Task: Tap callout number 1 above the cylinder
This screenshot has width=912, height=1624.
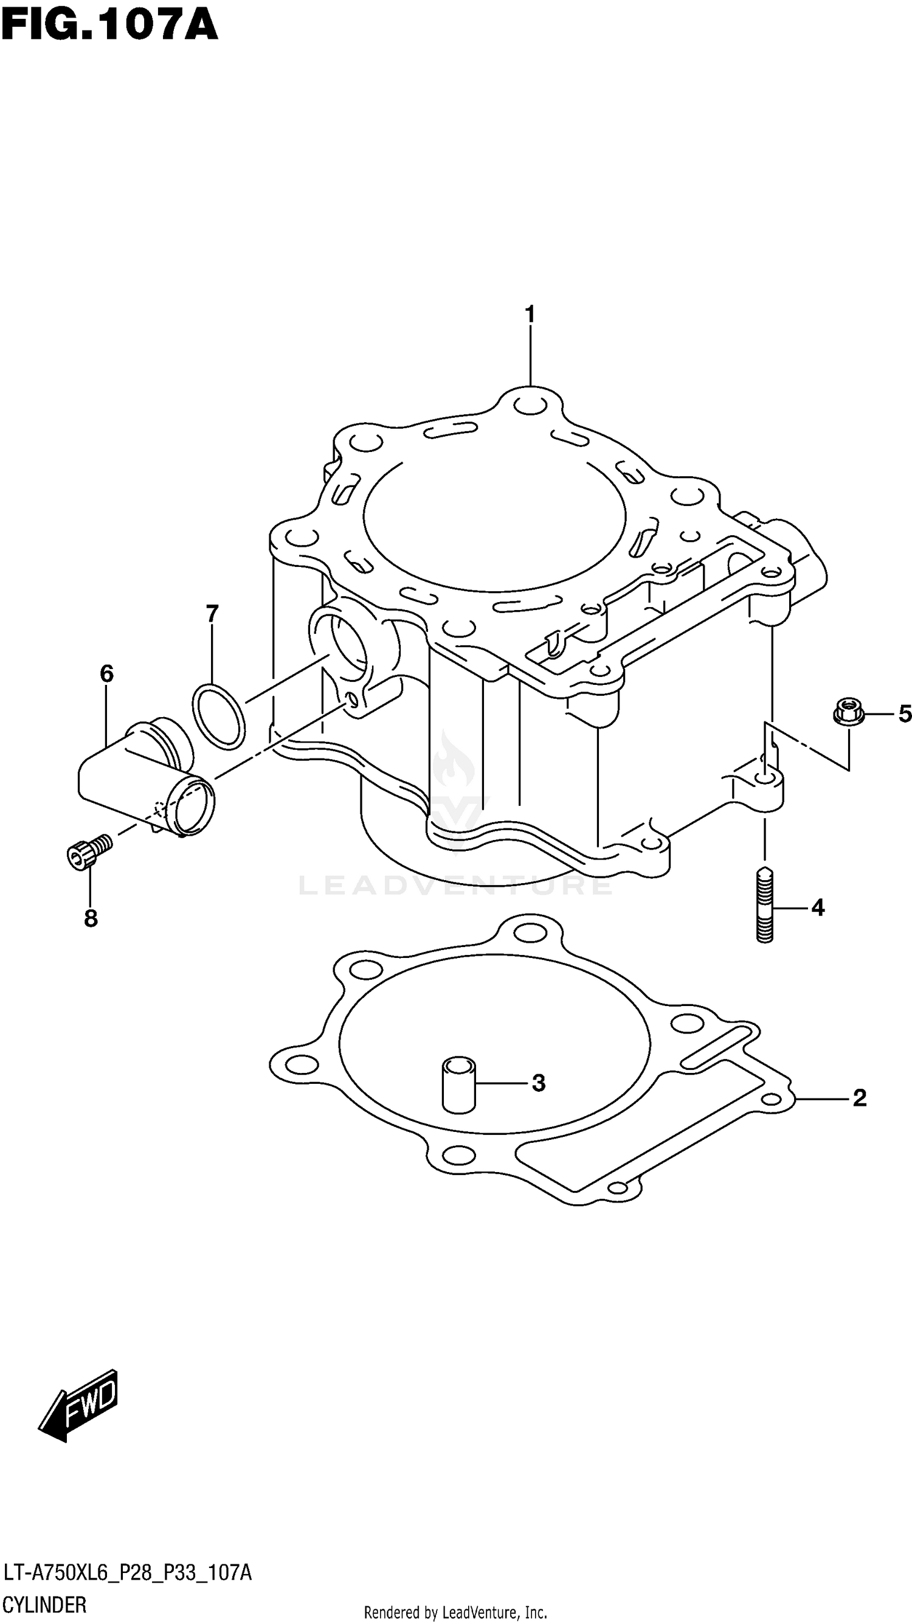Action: coord(530,313)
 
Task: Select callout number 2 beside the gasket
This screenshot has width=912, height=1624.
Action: coord(859,1098)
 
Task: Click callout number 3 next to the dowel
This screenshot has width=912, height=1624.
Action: coord(537,1083)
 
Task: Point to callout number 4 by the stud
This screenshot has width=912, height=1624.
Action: coord(818,908)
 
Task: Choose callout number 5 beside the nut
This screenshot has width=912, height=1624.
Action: coord(905,713)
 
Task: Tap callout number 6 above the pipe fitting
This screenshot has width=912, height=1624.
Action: coord(106,674)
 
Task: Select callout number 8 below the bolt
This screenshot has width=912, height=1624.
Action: coord(91,918)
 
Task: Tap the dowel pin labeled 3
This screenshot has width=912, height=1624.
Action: coord(459,1084)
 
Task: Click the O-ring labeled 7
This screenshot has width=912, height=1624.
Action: coord(218,717)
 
